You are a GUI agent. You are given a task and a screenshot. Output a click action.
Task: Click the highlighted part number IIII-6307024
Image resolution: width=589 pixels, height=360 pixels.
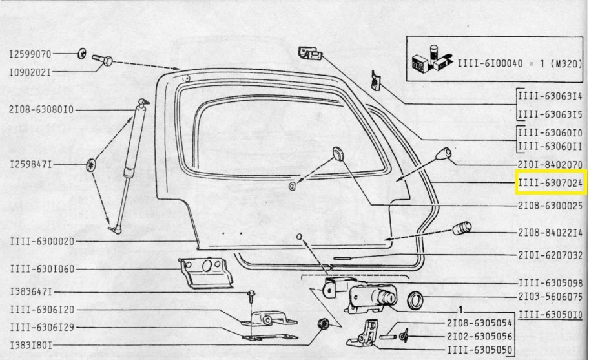pos(550,183)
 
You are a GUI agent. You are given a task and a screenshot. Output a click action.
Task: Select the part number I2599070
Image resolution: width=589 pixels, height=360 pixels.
pos(30,54)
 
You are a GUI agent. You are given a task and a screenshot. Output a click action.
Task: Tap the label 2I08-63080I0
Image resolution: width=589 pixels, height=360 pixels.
pos(41,110)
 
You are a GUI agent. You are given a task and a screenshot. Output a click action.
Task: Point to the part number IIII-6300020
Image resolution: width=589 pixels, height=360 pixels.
pos(42,241)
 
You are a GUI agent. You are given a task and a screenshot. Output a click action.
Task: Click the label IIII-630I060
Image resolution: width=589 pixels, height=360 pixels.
pos(42,269)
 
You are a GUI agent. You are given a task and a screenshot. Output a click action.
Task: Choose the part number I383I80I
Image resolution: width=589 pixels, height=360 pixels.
pos(31,345)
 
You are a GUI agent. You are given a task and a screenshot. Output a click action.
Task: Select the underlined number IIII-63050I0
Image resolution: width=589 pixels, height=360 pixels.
pos(551,315)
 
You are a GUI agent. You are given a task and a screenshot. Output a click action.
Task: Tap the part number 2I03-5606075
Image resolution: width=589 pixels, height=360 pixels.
pos(551,297)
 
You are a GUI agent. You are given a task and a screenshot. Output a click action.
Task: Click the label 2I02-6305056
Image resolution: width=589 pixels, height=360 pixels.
pos(479,336)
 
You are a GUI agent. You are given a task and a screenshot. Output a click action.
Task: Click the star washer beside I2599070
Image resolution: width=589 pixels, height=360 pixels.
pos(82,54)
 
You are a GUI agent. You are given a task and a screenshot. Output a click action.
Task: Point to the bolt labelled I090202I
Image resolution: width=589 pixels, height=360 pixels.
pos(102,60)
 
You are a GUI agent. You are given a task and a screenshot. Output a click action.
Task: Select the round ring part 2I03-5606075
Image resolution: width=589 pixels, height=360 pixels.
pos(415,301)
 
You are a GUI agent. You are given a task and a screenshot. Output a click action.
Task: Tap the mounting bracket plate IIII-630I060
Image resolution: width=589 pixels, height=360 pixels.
pos(205,272)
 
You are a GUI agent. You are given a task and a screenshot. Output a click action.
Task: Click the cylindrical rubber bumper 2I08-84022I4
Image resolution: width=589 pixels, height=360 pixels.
pos(462,228)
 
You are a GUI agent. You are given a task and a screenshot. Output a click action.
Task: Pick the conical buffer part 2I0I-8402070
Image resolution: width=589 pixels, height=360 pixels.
pos(443,154)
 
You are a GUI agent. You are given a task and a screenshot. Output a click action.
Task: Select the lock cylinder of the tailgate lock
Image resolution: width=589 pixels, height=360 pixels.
pos(386,296)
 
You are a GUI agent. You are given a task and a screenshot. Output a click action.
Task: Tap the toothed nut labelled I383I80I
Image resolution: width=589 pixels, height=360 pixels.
pos(322,323)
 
